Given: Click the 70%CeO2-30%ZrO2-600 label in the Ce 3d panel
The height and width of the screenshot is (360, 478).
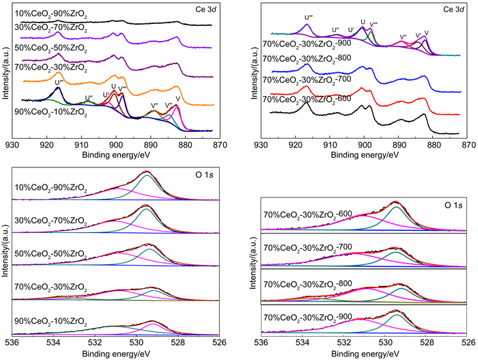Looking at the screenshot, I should click(x=303, y=100).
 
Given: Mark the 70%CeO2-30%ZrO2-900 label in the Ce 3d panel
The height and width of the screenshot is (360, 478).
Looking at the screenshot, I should click(x=303, y=43).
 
